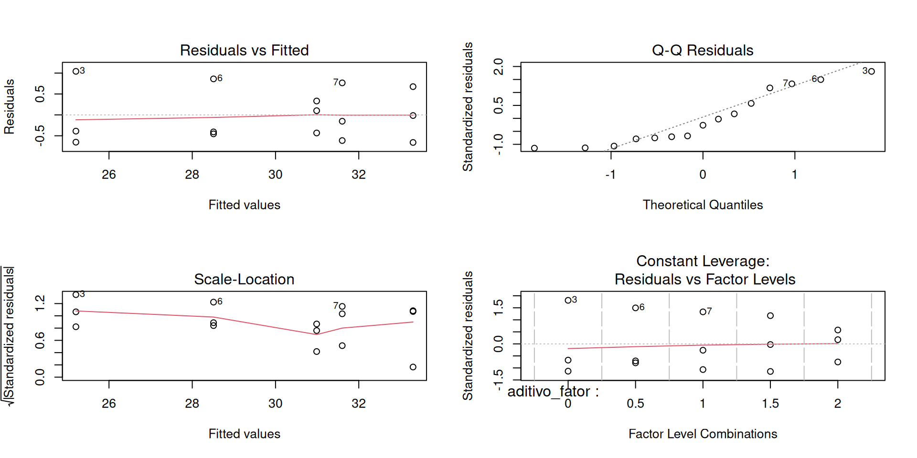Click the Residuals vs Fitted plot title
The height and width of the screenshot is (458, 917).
pyautogui.click(x=244, y=50)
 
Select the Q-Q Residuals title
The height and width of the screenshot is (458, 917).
pyautogui.click(x=702, y=50)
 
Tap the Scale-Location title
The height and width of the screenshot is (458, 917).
pyautogui.click(x=244, y=279)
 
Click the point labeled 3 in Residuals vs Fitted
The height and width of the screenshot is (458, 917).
pyautogui.click(x=76, y=72)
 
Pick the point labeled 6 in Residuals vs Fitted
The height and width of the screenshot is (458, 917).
pyautogui.click(x=213, y=79)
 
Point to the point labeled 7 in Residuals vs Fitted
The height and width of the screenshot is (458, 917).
pyautogui.click(x=342, y=83)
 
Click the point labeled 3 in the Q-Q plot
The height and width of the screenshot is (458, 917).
pyautogui.click(x=872, y=72)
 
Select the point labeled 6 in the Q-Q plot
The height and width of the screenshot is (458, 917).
pyautogui.click(x=821, y=80)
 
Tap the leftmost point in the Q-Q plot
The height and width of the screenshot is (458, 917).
pyautogui.click(x=534, y=148)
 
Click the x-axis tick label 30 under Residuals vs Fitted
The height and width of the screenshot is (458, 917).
pyautogui.click(x=275, y=175)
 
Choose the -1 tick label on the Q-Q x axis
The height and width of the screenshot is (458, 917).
pyautogui.click(x=610, y=175)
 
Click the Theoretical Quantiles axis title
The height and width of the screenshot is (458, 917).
pyautogui.click(x=702, y=205)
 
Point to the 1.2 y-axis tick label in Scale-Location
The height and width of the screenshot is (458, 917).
pyautogui.click(x=40, y=303)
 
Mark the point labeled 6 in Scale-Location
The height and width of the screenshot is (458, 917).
pyautogui.click(x=213, y=302)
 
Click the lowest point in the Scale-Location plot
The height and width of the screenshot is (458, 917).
pyautogui.click(x=413, y=367)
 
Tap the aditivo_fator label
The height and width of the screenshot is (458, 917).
pyautogui.click(x=553, y=392)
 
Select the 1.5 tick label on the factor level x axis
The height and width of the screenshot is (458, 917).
pyautogui.click(x=770, y=404)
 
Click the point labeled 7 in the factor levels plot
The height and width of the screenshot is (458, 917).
pyautogui.click(x=703, y=312)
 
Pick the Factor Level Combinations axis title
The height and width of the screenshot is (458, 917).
pyautogui.click(x=702, y=434)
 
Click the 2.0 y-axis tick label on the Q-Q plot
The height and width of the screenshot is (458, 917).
pyautogui.click(x=498, y=66)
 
